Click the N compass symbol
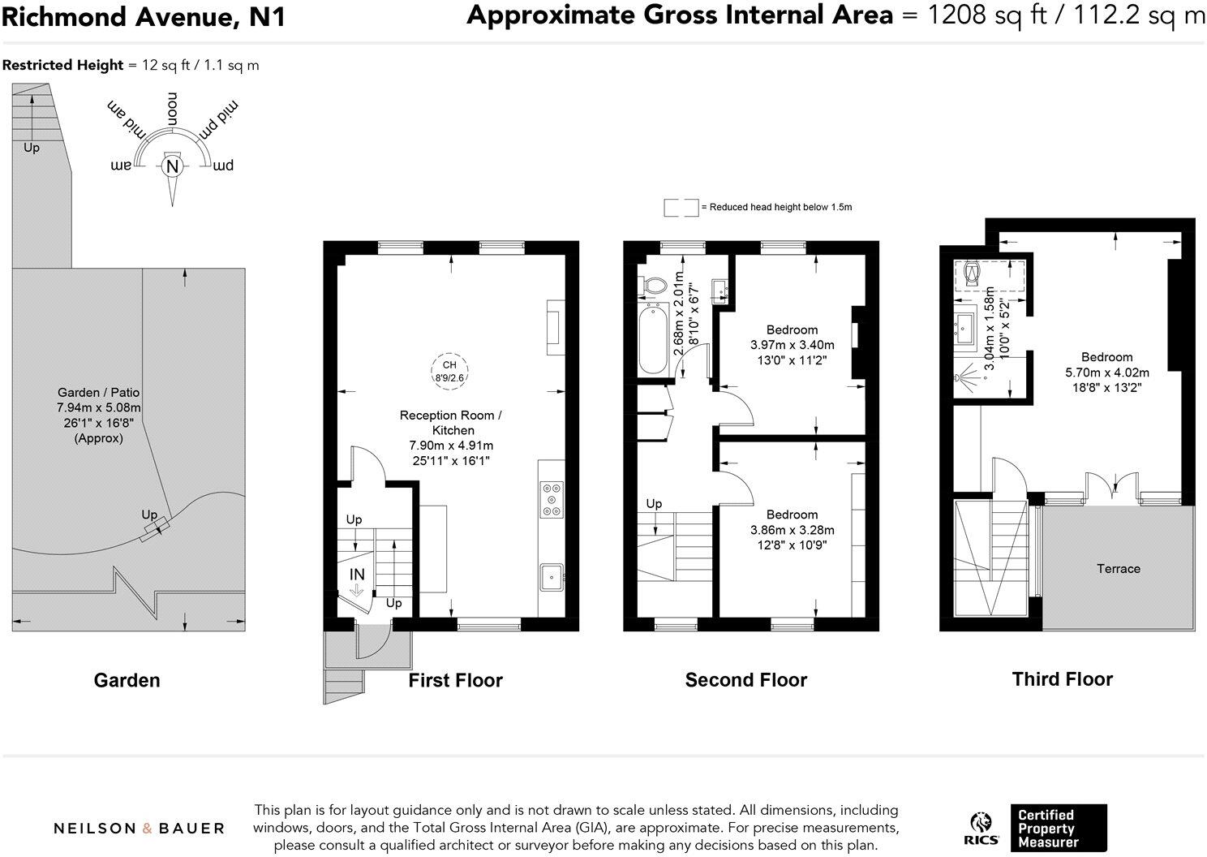171,167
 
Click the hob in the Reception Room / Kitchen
552,499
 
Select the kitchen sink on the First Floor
552,577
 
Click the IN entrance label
357,574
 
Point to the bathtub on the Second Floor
653,339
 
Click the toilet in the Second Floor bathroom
654,285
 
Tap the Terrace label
1118,569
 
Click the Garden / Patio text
99,392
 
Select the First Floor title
455,680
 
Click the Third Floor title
1062,679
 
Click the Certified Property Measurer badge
1058,828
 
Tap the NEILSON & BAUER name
139,829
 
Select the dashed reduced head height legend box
681,208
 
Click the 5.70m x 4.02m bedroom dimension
1106,373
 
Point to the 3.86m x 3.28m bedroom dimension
792,530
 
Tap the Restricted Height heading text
63,65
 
